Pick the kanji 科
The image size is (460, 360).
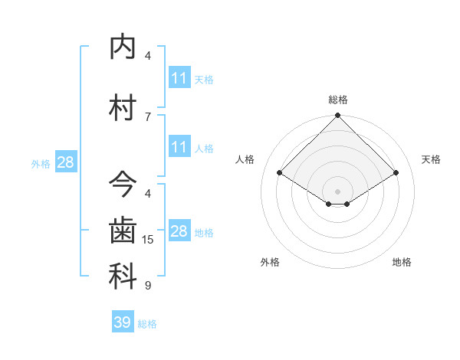(x=123, y=277)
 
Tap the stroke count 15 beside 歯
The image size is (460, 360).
(x=148, y=240)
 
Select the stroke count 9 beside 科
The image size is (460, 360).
(x=148, y=286)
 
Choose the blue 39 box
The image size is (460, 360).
(x=123, y=322)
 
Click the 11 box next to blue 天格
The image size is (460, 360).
(x=179, y=78)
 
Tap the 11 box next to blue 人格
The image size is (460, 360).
(x=179, y=147)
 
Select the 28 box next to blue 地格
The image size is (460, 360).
(x=179, y=231)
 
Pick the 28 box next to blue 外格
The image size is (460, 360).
(x=64, y=162)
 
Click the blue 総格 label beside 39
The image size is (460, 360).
(x=147, y=324)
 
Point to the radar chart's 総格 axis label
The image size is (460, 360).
(x=337, y=100)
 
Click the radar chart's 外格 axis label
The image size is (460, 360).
(x=270, y=262)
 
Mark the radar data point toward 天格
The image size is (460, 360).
(x=396, y=173)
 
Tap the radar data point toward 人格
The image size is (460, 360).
(x=280, y=173)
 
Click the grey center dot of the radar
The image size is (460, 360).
(x=337, y=191)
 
